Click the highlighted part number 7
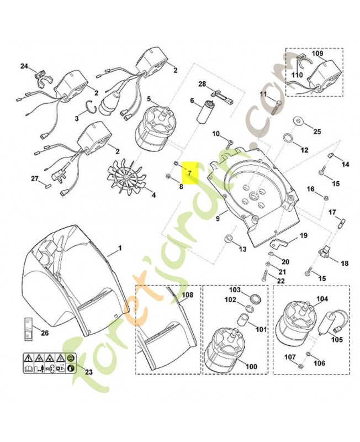click(x=189, y=173)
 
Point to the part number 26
click(x=45, y=333)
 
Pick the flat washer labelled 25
click(x=297, y=120)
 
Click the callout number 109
click(x=317, y=53)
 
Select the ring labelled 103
click(x=255, y=298)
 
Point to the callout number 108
click(x=188, y=295)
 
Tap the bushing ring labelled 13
click(x=228, y=239)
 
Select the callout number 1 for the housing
click(x=120, y=248)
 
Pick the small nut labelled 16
click(x=326, y=197)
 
